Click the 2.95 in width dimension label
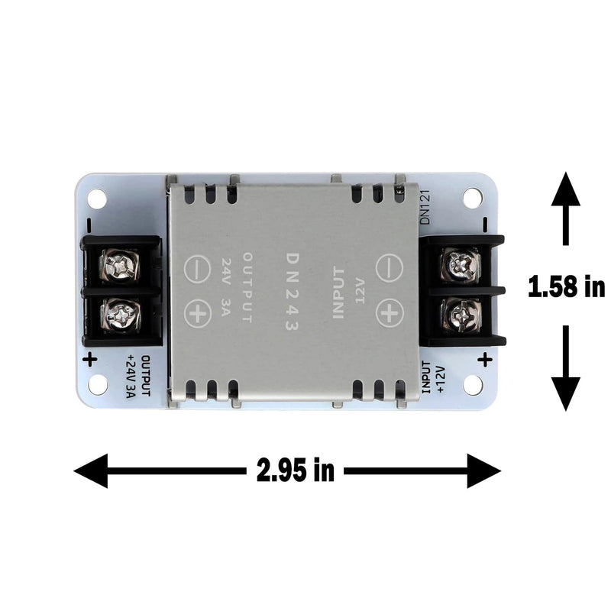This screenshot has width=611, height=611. pos(296,470)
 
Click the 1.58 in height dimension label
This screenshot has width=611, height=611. pos(566,286)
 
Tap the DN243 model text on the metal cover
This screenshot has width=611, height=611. pos(293,292)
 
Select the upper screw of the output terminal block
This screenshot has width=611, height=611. pos(120,265)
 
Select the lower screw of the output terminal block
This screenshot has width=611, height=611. pos(121,315)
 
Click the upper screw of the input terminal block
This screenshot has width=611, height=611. pos(461,264)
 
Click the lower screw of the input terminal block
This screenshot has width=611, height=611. pos(461,315)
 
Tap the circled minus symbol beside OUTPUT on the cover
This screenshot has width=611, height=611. pos(197,269)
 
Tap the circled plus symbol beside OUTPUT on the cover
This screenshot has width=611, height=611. pos(198,314)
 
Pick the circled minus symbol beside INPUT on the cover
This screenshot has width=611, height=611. pos(389,268)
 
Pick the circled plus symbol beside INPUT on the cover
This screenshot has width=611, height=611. pos(390,313)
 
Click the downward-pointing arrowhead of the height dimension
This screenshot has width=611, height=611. pos(566,394)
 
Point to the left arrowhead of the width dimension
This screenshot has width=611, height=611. pos(91,470)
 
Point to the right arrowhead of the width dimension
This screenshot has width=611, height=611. pos(484,470)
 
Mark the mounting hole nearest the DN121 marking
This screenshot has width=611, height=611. pos(473,197)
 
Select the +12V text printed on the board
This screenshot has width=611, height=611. pos(441,378)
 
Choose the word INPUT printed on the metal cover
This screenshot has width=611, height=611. pos(338,293)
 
